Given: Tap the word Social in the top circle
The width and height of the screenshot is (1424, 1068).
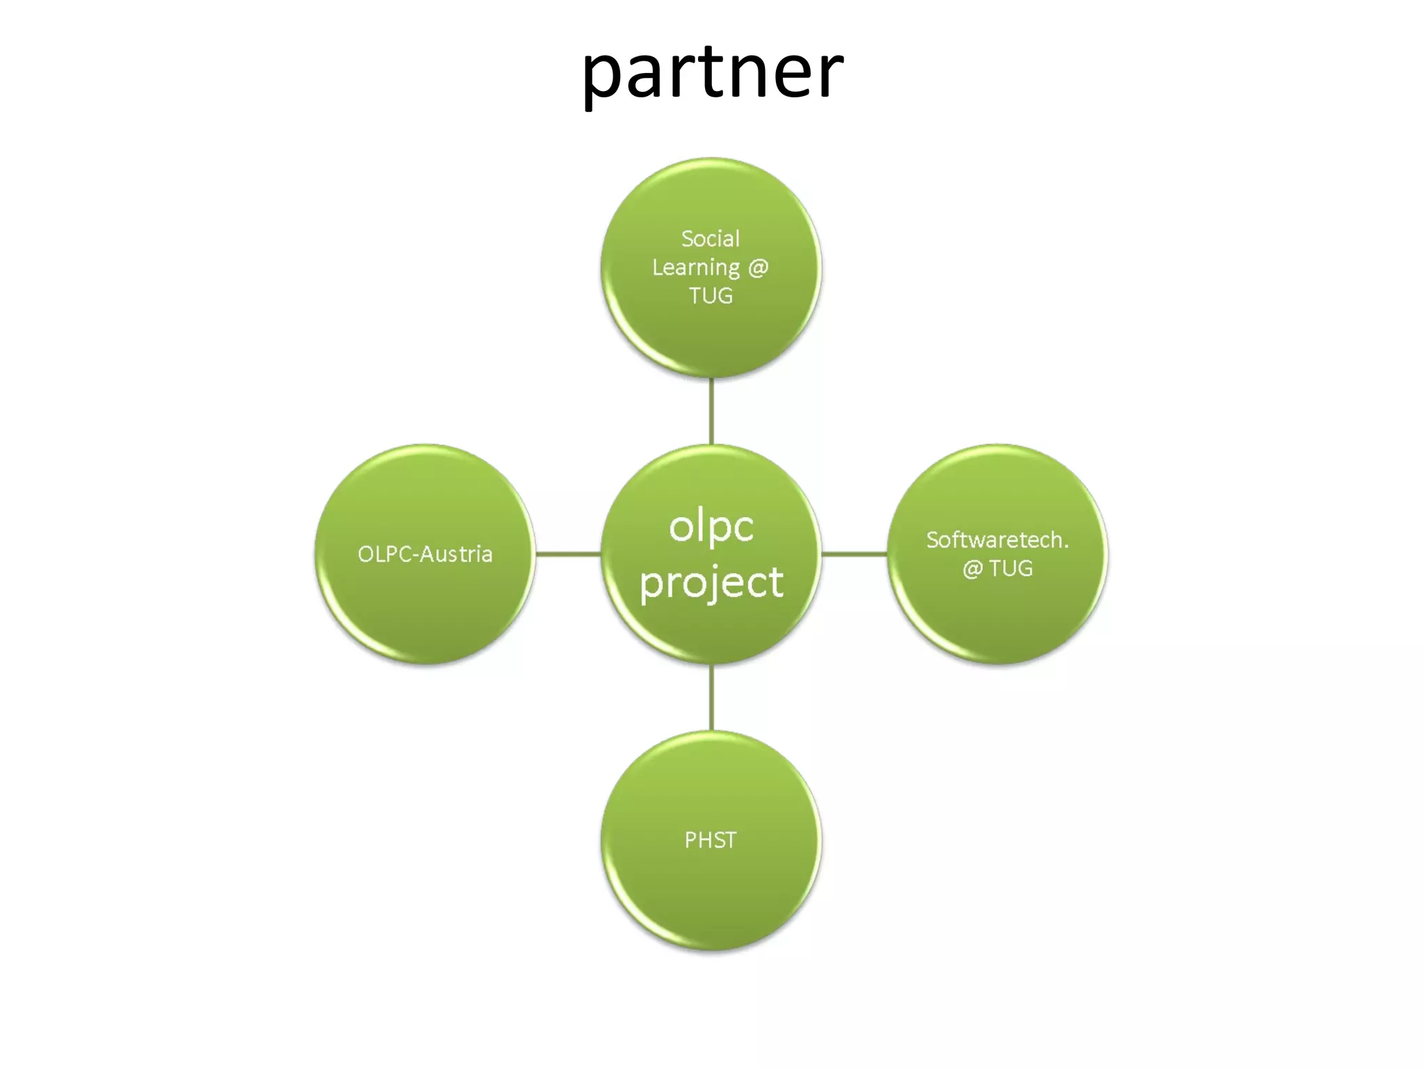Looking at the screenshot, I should click(710, 238).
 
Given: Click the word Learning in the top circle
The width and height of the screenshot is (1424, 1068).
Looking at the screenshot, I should click(695, 268).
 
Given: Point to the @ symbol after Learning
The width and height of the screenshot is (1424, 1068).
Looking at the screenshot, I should click(758, 268).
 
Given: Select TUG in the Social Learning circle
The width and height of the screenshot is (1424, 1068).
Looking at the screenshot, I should click(711, 296).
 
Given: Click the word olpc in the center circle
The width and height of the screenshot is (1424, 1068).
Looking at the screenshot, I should click(711, 527).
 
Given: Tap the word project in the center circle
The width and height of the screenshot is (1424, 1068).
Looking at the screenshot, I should click(711, 583).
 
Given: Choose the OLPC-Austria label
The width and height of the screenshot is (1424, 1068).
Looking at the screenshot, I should click(425, 554).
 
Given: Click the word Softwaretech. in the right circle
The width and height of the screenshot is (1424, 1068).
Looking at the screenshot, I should click(997, 540).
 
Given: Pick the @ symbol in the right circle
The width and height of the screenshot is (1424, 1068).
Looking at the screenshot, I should click(972, 569).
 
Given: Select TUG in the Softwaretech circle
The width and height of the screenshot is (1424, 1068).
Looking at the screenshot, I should click(1011, 569).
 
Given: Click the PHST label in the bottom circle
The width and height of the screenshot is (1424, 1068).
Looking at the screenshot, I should click(710, 840).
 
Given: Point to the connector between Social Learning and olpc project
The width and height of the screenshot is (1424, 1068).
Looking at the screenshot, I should click(711, 411).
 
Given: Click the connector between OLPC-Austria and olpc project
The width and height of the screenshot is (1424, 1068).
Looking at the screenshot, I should click(568, 554).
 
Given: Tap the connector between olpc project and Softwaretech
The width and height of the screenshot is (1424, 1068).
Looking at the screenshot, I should click(855, 554).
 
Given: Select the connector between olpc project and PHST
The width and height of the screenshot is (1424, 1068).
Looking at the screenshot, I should click(711, 697).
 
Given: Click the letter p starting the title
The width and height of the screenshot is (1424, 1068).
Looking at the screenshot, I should click(602, 76).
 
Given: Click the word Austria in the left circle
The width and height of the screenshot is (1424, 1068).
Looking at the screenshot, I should click(455, 554).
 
